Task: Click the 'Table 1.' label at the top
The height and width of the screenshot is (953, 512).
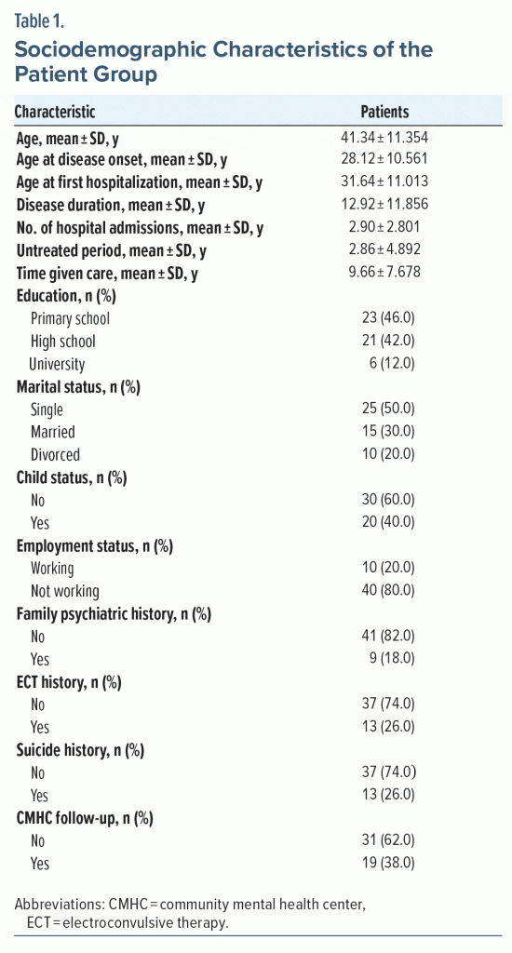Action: [39, 23]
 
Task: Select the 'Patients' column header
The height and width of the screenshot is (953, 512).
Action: [384, 112]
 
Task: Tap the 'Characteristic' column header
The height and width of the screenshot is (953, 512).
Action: [55, 112]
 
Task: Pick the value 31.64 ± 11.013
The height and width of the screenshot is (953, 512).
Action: [384, 181]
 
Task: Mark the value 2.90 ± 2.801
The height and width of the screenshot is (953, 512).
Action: [384, 227]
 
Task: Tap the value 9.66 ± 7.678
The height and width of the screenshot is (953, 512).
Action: [384, 273]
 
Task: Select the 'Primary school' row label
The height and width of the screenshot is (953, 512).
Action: [70, 318]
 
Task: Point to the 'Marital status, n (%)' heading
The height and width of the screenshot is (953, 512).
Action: [78, 386]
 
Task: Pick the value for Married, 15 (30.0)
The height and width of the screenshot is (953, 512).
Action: [388, 432]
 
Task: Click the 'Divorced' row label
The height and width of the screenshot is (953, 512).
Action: [55, 454]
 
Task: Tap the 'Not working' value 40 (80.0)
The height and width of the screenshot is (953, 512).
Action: [388, 591]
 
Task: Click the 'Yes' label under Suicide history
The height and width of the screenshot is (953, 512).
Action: [39, 796]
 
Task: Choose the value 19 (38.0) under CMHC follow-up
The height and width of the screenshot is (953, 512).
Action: [388, 863]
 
